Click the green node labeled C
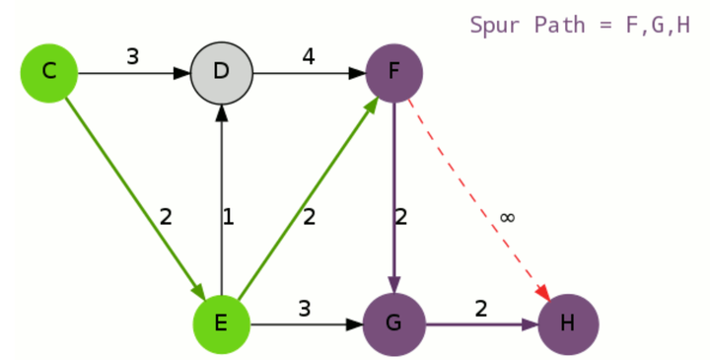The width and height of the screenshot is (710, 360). pyautogui.click(x=49, y=72)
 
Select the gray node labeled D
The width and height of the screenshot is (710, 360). pyautogui.click(x=222, y=72)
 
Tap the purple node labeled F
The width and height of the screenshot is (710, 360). pyautogui.click(x=394, y=72)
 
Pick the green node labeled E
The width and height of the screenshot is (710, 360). pyautogui.click(x=222, y=324)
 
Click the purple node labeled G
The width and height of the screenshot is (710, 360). pyautogui.click(x=394, y=324)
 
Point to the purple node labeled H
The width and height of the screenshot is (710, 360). pyautogui.click(x=567, y=324)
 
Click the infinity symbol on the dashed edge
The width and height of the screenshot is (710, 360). pyautogui.click(x=507, y=217)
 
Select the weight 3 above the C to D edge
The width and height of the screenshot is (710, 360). pyautogui.click(x=132, y=56)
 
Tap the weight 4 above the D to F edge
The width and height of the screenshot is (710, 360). pyautogui.click(x=309, y=56)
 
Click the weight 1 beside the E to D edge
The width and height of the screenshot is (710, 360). pyautogui.click(x=229, y=217)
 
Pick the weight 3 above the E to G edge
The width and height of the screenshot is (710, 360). pyautogui.click(x=305, y=308)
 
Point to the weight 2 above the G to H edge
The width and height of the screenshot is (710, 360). pyautogui.click(x=480, y=308)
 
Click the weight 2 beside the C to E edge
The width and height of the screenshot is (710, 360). pyautogui.click(x=166, y=217)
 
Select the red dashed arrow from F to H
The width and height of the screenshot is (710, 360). pyautogui.click(x=473, y=187)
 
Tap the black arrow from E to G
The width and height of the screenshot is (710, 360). pyautogui.click(x=306, y=324)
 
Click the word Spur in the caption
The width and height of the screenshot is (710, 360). pyautogui.click(x=496, y=25)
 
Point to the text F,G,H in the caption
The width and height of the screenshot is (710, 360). pyautogui.click(x=658, y=25)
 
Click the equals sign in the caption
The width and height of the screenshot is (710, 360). pyautogui.click(x=605, y=25)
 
